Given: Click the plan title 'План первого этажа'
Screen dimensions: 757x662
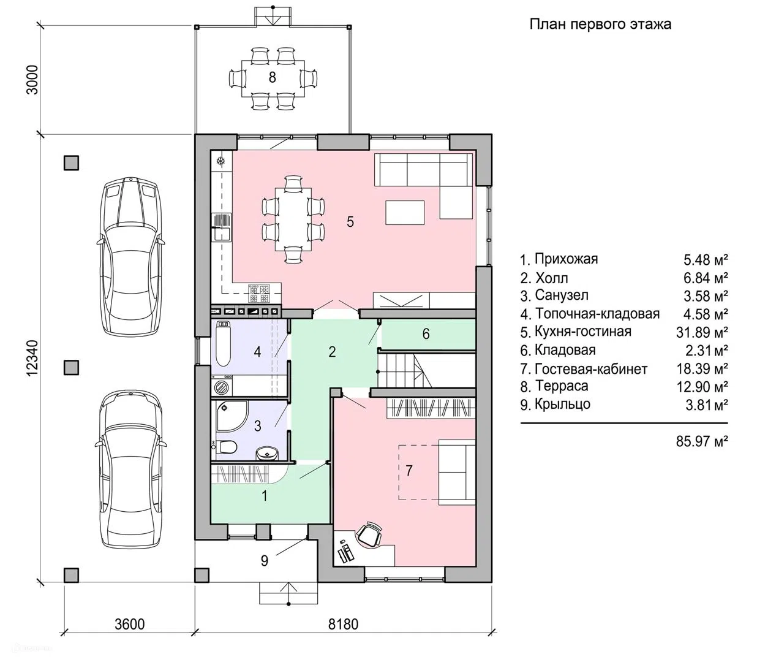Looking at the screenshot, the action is (600, 25).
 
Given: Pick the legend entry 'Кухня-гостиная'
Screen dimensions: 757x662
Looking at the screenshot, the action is (582, 332).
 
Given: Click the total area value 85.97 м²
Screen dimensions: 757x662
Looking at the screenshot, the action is (702, 441).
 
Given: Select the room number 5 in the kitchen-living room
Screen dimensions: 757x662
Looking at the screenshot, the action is (350, 221).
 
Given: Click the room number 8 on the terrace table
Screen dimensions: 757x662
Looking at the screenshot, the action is (273, 77).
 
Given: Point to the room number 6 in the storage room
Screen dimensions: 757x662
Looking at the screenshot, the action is (426, 334).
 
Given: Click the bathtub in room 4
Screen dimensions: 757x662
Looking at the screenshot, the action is (223, 343).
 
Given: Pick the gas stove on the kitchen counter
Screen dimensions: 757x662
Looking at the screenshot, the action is (259, 293).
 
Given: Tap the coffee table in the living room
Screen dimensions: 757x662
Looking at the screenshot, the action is (405, 213).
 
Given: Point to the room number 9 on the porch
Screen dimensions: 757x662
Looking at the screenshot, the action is (264, 561).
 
